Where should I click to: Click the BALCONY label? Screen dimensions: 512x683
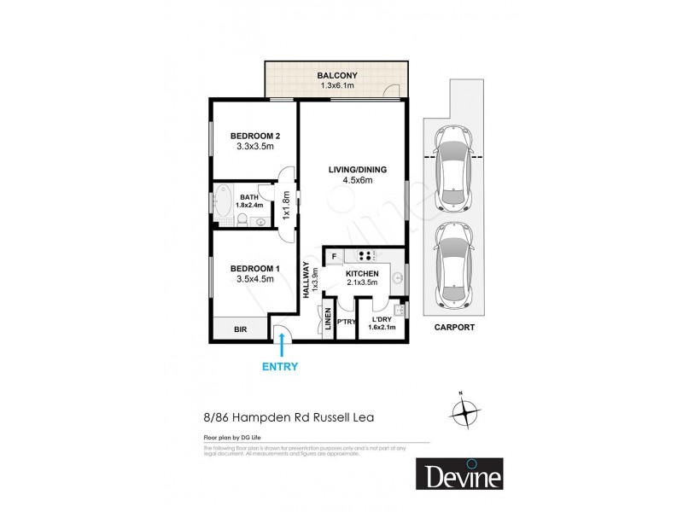(338, 74)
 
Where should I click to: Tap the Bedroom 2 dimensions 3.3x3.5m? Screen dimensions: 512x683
(254, 147)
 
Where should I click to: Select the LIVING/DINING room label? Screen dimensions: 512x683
(358, 170)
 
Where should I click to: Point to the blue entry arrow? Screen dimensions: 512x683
(283, 343)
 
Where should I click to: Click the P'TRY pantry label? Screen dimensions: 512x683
(346, 323)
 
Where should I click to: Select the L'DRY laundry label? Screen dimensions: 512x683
(382, 319)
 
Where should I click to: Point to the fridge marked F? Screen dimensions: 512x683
(334, 254)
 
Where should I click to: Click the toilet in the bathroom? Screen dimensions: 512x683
(242, 219)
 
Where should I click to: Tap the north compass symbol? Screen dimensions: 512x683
(465, 412)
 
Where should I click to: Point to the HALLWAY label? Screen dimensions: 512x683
(306, 280)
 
